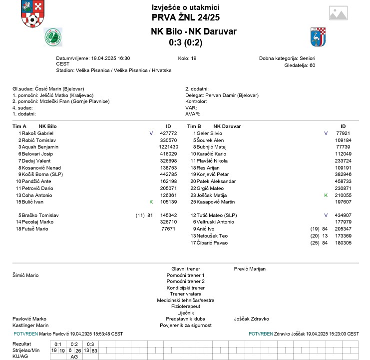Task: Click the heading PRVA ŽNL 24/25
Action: tap(185, 17)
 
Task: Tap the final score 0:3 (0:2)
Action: tap(185, 42)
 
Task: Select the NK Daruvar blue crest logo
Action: tap(318, 36)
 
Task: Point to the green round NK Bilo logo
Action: tap(53, 36)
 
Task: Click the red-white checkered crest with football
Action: tap(32, 14)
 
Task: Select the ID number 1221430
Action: tap(168, 147)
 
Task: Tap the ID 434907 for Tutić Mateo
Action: tap(343, 215)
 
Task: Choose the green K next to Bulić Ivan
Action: tap(151, 201)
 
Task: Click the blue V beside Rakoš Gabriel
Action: tap(151, 133)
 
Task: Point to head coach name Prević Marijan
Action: tap(250, 268)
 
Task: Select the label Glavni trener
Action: tap(185, 268)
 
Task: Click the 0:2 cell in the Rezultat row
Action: tap(74, 344)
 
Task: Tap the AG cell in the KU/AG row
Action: tap(74, 356)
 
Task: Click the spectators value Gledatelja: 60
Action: tap(300, 65)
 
